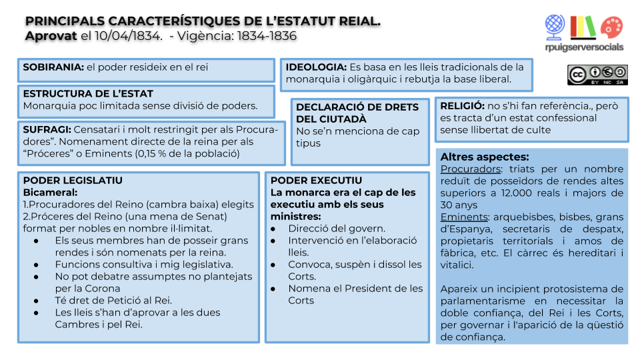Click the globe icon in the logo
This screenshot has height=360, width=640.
[x=555, y=27]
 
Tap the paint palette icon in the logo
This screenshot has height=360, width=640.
[x=611, y=27]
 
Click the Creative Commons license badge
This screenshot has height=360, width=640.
[x=597, y=74]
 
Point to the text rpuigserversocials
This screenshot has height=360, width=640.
[x=583, y=47]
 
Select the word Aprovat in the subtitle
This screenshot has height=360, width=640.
[x=51, y=36]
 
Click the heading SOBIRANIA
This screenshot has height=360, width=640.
[x=53, y=67]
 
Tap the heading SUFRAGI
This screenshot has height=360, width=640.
[x=47, y=129]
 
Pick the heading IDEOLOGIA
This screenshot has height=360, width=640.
[x=316, y=67]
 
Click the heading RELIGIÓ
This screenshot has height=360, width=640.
[x=462, y=105]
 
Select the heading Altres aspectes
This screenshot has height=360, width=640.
[x=485, y=157]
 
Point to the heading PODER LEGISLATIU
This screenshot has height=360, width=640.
[x=73, y=181]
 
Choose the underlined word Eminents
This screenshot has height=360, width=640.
[x=462, y=217]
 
